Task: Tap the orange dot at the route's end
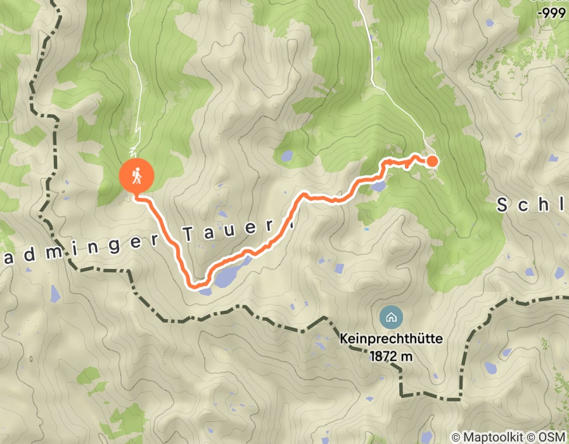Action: [x=432, y=160]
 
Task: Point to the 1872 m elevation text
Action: [x=391, y=356]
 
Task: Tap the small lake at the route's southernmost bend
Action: [x=205, y=291]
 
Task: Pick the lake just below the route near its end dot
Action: [x=379, y=186]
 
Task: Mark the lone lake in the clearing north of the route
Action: [x=286, y=155]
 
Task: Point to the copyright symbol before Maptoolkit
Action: [x=456, y=437]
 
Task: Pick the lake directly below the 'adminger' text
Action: [x=54, y=292]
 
